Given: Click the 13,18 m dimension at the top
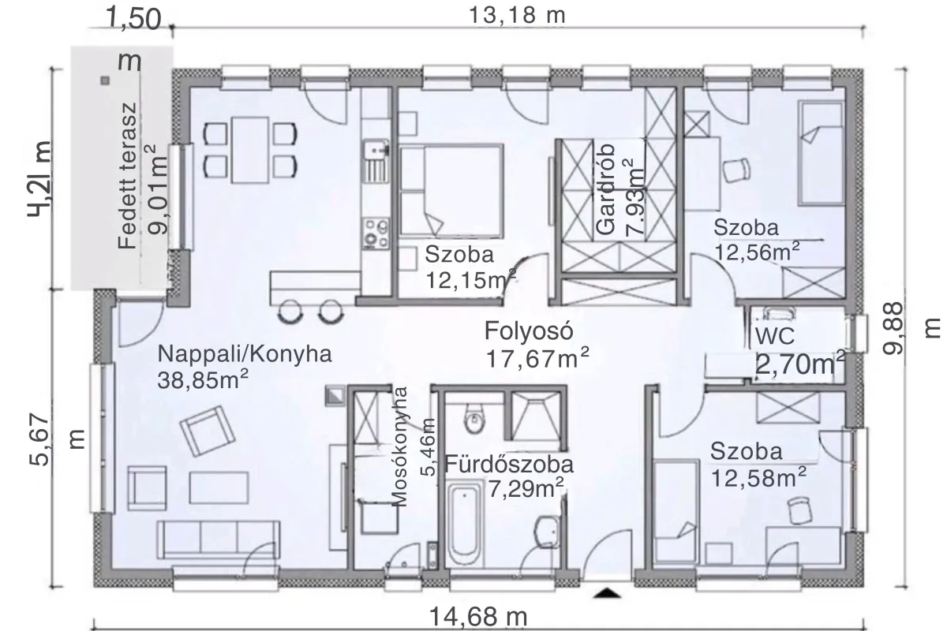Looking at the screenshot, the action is pos(517,15).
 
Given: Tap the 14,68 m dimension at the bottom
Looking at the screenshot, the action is pos(478,617).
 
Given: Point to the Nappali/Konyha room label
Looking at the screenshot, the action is pos(245,354).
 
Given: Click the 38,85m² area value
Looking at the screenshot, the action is pos(203,379).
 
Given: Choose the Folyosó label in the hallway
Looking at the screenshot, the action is pos(529,330).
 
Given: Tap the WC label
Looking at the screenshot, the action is pos(774,337).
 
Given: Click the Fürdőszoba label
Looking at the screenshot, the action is pos(509,465).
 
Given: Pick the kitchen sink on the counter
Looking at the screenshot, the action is pos(376,162).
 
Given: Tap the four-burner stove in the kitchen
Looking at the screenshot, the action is pos(376,233).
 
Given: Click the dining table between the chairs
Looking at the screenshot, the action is pos(250,150).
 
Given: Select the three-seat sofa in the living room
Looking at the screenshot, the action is pos(218,540).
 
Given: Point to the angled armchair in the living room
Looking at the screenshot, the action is pos(207,431).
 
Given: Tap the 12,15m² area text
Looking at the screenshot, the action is pos(470,280).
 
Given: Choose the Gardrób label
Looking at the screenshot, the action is pos(606,189).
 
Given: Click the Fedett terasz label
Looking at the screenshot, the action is pos(128,176).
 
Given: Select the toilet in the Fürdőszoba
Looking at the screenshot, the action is pos(473,418).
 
